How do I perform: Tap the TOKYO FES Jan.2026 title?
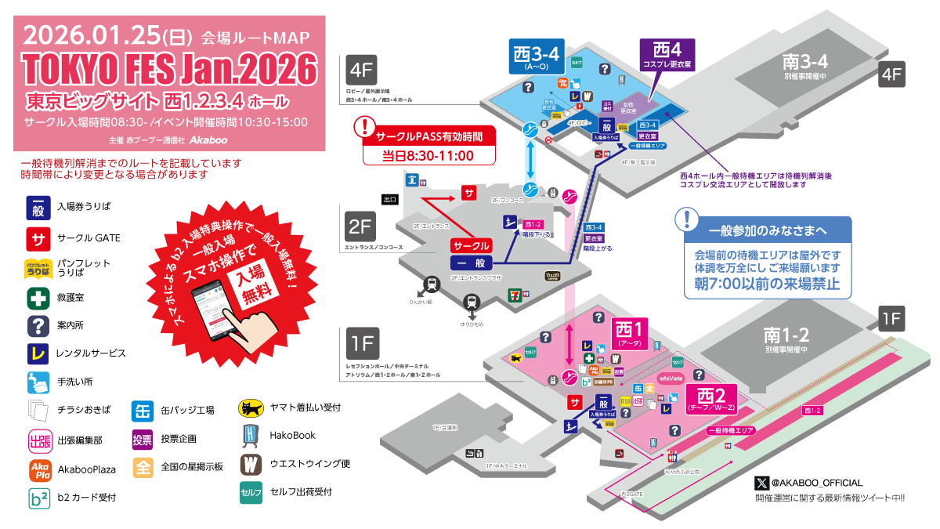tap(170, 69)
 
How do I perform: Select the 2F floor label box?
tap(360, 226)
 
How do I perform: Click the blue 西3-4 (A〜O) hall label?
tap(536, 56)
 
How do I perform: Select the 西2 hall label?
tap(712, 397)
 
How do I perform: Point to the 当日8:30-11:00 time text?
tap(428, 155)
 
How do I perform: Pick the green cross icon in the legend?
tap(38, 299)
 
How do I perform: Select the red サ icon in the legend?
tap(38, 237)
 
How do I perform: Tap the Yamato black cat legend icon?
tap(250, 408)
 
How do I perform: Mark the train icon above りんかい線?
tap(430, 284)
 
